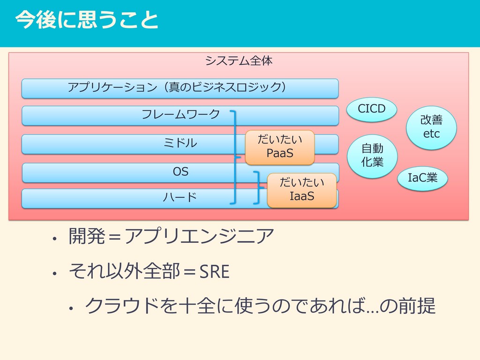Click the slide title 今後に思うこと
pos(86,21)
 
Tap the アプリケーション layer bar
pos(180,88)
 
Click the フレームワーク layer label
pos(180,114)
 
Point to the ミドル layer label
pos(180,142)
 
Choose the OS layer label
pos(180,172)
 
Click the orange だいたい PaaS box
pos(279,147)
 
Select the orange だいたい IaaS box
pos(301,190)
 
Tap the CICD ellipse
pos(372,109)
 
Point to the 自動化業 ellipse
pos(372,156)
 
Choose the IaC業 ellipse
pos(422,178)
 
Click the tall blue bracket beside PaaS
pos(235,157)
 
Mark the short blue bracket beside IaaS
pos(257,187)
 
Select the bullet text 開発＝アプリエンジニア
pos(171,237)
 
